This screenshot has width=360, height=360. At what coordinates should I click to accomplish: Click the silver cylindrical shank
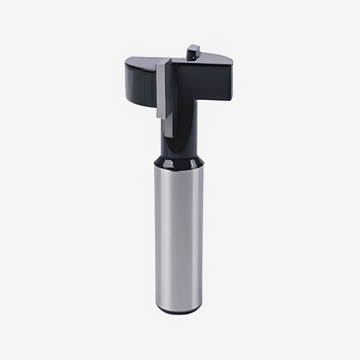click(x=177, y=234)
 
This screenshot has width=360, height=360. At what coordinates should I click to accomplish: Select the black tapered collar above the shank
click(x=177, y=161)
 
